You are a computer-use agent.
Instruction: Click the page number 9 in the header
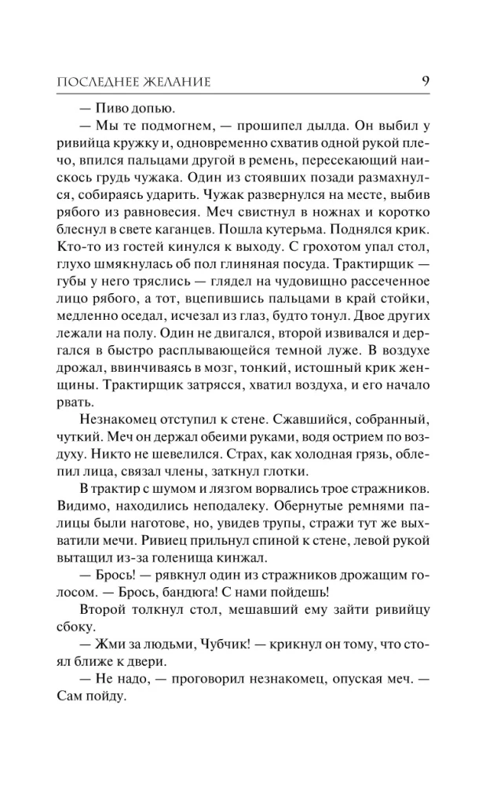(x=424, y=79)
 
